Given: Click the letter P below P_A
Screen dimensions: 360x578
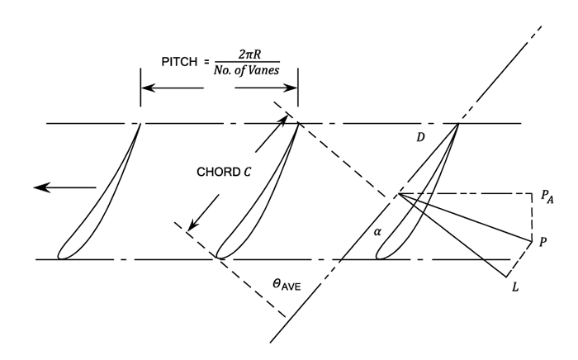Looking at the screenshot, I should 542,244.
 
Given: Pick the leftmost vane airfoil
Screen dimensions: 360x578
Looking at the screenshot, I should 99,198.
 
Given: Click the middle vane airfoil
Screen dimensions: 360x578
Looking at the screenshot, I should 256,198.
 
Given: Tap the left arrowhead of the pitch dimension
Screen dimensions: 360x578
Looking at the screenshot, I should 145,85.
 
